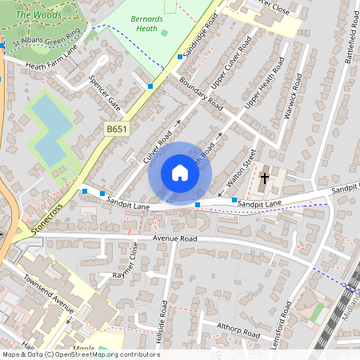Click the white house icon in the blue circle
coord(180,173)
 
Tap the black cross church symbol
coord(265,178)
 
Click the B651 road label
coord(117,128)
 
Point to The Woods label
coord(33,14)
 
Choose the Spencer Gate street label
coord(105,93)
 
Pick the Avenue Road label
coord(174,238)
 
